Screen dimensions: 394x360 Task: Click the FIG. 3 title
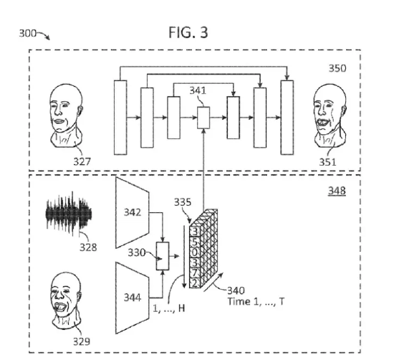(188, 32)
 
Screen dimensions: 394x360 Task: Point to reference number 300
(28, 33)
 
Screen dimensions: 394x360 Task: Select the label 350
(337, 68)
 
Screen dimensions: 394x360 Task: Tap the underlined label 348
(337, 191)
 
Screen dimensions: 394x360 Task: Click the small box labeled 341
(203, 118)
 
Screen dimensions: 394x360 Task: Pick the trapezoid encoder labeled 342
(133, 213)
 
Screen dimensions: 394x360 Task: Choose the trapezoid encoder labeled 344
(133, 298)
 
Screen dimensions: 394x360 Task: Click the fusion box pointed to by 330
(163, 256)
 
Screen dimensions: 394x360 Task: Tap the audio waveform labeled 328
(69, 214)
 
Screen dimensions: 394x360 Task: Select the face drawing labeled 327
(66, 115)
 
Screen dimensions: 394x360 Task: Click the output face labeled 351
(330, 116)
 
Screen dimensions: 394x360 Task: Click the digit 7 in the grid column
(196, 273)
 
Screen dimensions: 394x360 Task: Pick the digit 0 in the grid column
(196, 252)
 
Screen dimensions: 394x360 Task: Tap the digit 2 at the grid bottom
(195, 283)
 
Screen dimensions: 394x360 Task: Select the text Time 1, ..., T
(256, 301)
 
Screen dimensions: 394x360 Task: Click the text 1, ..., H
(169, 308)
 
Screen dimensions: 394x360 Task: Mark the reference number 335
(183, 202)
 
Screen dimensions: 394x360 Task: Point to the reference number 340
(236, 290)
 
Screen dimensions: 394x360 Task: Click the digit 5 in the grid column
(196, 242)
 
